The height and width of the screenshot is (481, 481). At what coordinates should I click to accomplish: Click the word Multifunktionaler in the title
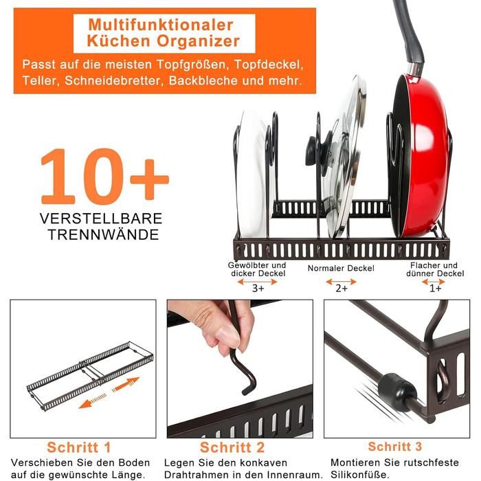click(x=161, y=25)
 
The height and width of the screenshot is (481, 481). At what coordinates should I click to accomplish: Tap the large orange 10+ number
click(x=104, y=177)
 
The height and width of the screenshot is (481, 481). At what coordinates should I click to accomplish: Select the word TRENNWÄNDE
click(x=103, y=235)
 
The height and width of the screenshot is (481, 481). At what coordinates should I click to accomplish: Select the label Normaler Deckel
click(x=341, y=269)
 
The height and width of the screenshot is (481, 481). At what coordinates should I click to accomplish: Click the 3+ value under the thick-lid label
click(x=258, y=289)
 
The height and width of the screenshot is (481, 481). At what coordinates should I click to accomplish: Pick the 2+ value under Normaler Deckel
click(x=342, y=289)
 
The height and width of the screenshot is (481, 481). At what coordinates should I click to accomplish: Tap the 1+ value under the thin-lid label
click(x=435, y=289)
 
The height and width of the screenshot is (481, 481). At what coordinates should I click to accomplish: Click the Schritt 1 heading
click(x=79, y=447)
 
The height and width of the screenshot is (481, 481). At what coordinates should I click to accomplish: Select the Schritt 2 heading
click(x=232, y=447)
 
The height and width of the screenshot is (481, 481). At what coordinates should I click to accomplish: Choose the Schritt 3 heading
click(x=395, y=447)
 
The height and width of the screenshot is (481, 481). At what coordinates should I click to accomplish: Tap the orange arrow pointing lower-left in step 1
click(x=93, y=401)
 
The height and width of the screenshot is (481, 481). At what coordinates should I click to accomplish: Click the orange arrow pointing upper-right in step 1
click(x=126, y=384)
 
